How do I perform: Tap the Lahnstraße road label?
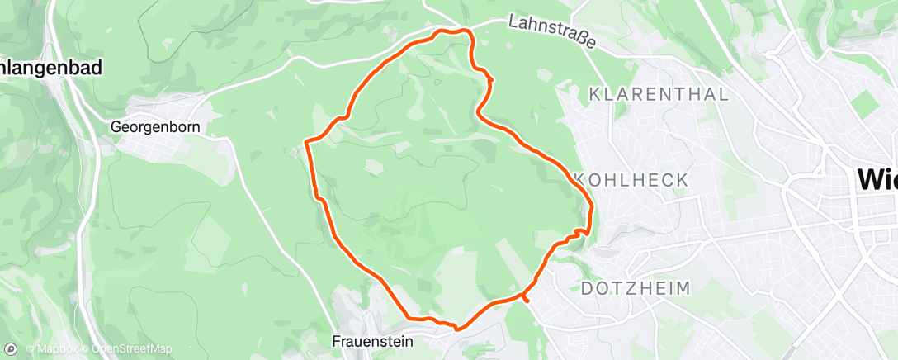[x=551, y=32]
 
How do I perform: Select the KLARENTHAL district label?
[x=659, y=94]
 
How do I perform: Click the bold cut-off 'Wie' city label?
[x=877, y=178]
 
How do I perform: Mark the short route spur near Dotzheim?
[x=526, y=298]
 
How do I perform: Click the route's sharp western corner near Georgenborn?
[x=308, y=142]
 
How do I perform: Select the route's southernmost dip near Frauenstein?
[x=456, y=328]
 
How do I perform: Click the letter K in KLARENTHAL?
[x=594, y=94]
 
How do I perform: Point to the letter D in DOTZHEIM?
[x=588, y=288]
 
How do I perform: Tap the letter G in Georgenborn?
[x=116, y=127]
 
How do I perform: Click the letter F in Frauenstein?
[x=337, y=341]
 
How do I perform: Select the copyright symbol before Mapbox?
[x=31, y=348]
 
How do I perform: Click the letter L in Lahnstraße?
[x=513, y=20]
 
